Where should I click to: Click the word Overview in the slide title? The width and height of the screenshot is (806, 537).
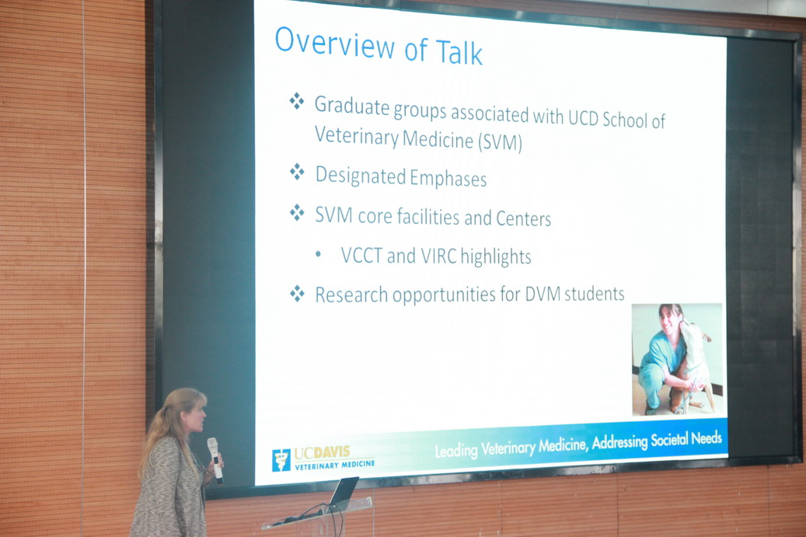point(335,43)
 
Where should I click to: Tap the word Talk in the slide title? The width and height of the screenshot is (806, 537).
point(459,52)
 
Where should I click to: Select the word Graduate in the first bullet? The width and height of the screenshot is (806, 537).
point(352,106)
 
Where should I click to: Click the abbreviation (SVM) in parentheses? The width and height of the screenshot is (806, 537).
point(500,142)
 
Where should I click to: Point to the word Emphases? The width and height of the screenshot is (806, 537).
point(448,178)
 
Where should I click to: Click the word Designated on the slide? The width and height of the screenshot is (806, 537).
point(361,176)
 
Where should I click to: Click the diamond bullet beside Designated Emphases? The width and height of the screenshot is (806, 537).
point(297,172)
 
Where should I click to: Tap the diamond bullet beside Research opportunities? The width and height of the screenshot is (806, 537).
point(297,294)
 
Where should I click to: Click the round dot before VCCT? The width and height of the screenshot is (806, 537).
point(318,254)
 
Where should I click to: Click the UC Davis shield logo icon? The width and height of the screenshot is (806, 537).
point(281,460)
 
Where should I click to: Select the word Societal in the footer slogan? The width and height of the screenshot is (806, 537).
point(669,440)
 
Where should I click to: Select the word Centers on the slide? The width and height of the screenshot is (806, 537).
point(523,218)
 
